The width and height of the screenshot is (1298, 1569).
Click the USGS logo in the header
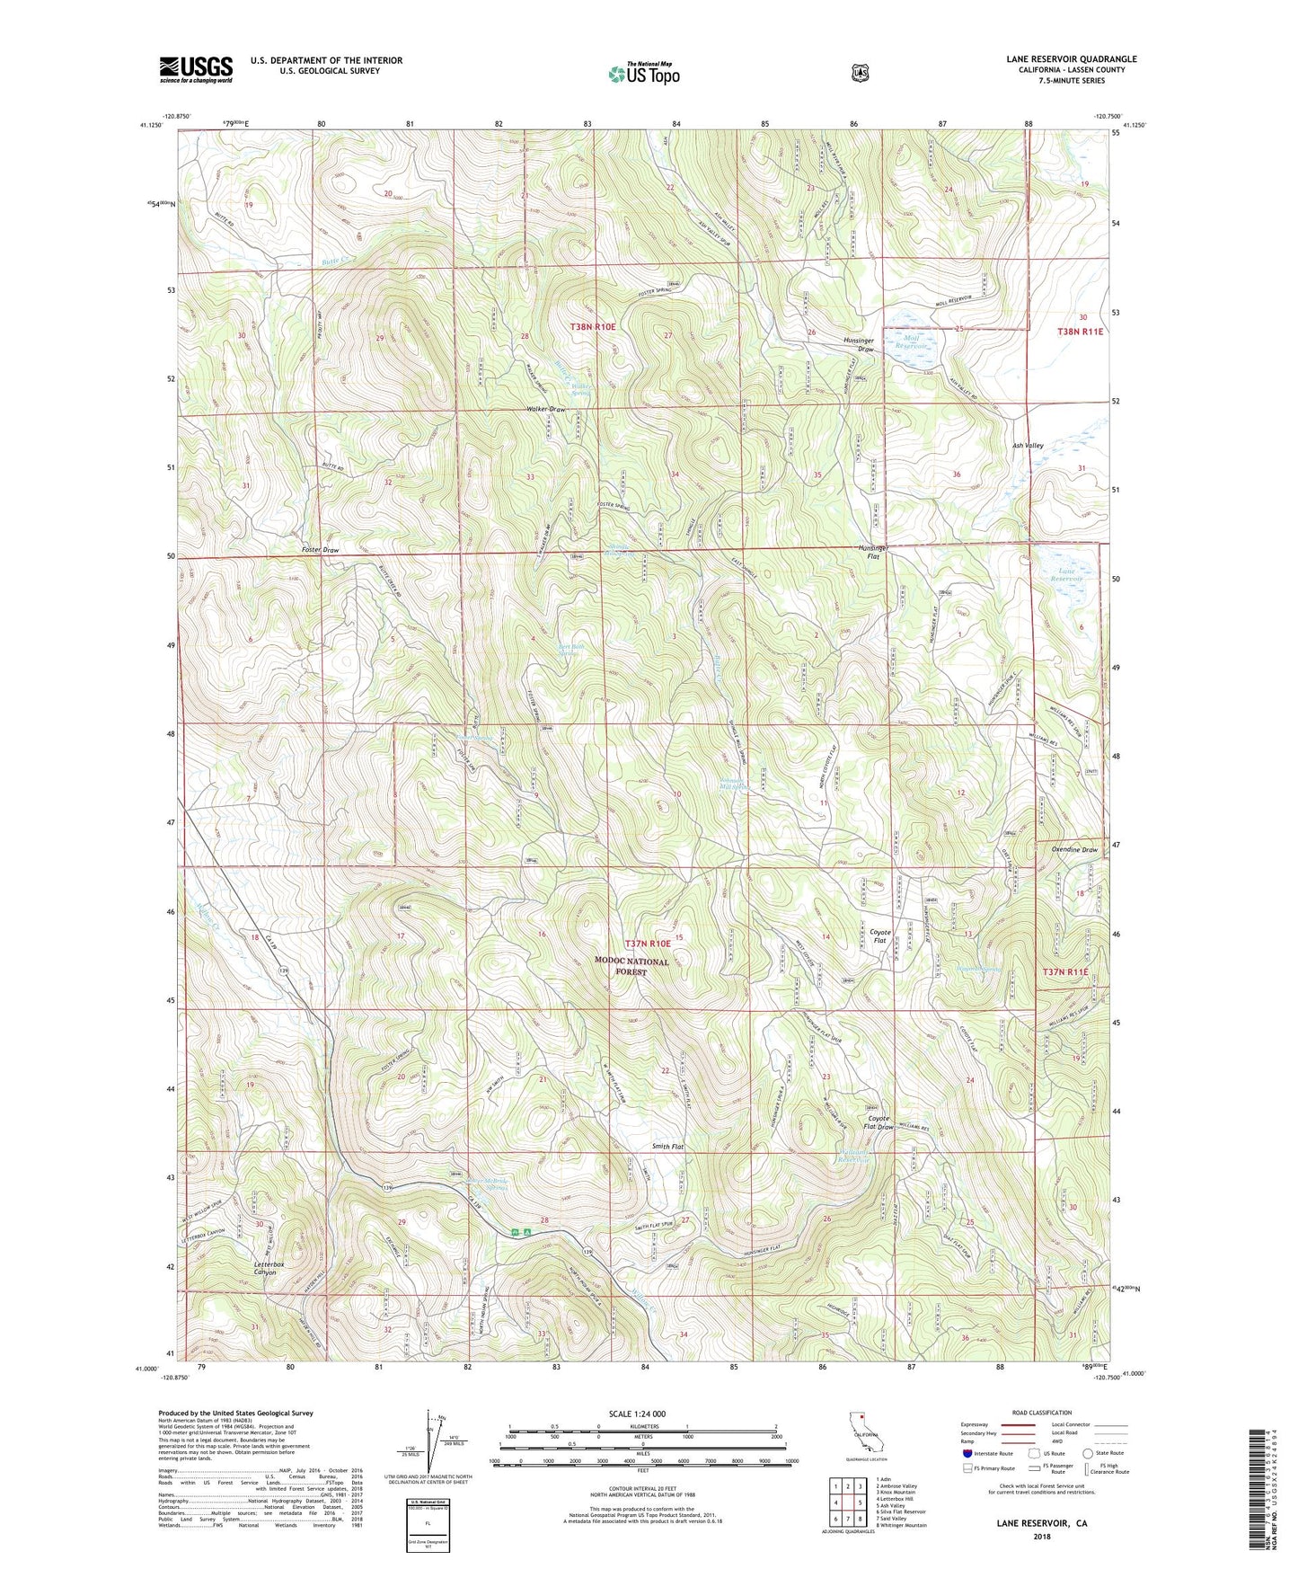(x=196, y=68)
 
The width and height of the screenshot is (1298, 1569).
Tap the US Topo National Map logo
(x=643, y=73)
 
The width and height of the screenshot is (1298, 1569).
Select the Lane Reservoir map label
(x=1067, y=575)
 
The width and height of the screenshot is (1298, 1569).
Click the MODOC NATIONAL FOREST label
(x=631, y=966)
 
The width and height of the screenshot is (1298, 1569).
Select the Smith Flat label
(x=667, y=1147)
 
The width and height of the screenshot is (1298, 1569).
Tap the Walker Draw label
(x=546, y=410)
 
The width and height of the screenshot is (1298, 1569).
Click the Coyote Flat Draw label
(x=879, y=1122)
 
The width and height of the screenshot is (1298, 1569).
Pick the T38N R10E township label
(x=593, y=327)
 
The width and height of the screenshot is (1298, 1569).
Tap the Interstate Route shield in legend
(x=967, y=1452)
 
